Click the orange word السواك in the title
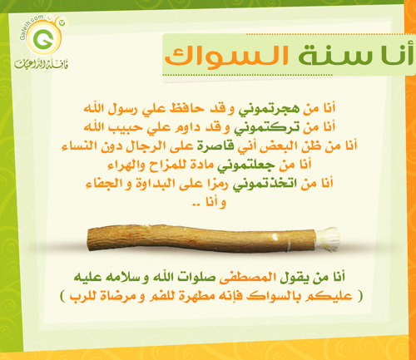click(x=227, y=56)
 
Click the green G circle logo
click(x=43, y=38)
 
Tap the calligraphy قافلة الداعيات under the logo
click(x=42, y=64)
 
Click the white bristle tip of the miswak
click(x=328, y=239)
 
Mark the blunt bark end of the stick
click(x=91, y=239)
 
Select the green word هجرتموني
click(x=269, y=109)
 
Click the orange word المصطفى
click(x=247, y=278)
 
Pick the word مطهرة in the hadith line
click(x=193, y=296)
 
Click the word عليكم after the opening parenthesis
click(x=329, y=296)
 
